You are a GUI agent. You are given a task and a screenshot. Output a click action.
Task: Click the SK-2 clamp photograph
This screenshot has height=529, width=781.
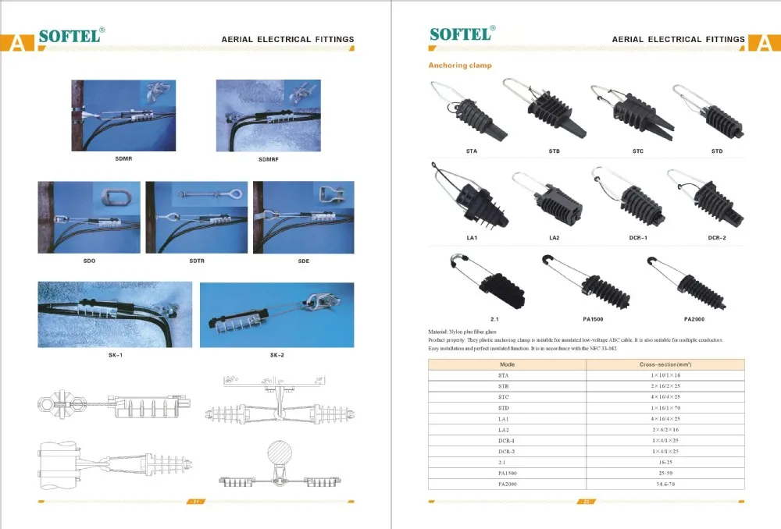pos(276,314)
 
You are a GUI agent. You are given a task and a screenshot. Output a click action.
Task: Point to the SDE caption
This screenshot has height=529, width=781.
pos(303,261)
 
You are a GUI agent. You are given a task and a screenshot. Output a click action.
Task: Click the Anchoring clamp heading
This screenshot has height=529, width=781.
pos(460,66)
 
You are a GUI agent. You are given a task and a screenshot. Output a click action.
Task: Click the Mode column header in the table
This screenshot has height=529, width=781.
pos(508,364)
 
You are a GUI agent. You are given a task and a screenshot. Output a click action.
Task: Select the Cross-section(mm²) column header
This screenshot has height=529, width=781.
pos(665,364)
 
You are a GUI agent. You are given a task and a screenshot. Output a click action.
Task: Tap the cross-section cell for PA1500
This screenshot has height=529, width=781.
pos(665,474)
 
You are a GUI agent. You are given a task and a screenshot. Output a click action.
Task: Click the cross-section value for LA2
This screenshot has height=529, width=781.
pos(665,430)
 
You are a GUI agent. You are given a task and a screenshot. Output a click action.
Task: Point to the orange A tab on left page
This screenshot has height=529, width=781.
pos(16,42)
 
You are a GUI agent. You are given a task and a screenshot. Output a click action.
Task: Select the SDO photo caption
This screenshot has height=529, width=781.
pos(88,261)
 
